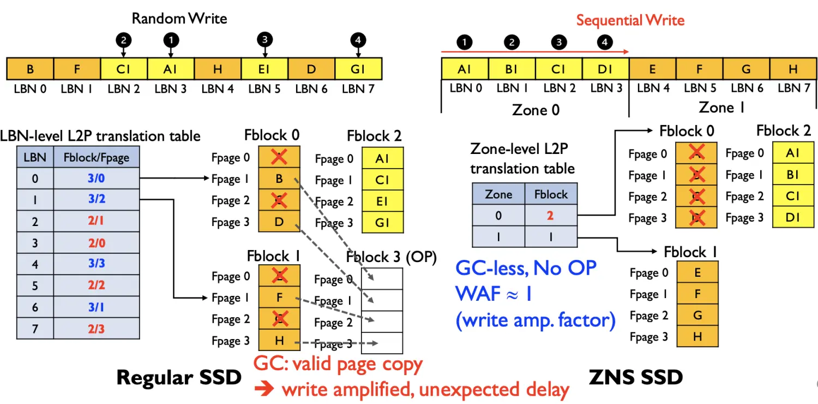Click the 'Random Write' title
[x=179, y=18]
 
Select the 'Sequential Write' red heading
[x=630, y=20]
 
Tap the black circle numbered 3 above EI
[x=264, y=39]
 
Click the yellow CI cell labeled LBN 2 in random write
[x=124, y=69]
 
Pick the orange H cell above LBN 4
[x=218, y=69]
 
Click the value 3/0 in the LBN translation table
[x=96, y=178]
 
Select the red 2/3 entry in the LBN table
[x=96, y=329]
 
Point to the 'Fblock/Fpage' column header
[x=96, y=157]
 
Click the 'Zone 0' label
[x=536, y=110]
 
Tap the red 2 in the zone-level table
[x=550, y=216]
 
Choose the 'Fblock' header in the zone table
[x=550, y=194]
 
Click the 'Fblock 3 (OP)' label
[x=392, y=257]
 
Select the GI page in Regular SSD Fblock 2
[x=382, y=223]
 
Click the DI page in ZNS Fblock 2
[x=792, y=218]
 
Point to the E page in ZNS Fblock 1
[x=697, y=273]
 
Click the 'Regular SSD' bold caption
[x=179, y=378]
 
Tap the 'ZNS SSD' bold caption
[x=636, y=377]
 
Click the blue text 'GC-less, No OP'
[x=526, y=268]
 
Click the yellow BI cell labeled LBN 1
[x=512, y=69]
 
